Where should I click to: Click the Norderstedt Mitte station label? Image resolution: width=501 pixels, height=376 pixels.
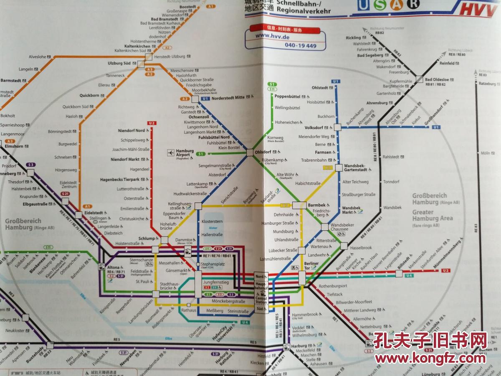point(228,97)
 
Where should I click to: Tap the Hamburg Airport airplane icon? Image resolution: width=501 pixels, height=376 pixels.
point(171,153)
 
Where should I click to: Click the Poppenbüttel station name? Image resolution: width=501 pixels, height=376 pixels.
point(288,96)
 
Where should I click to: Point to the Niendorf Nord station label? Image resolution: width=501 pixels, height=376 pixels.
point(131,131)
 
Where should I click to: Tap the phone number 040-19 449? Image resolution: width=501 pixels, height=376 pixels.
point(300,45)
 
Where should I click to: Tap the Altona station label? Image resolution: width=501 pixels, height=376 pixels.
point(113,267)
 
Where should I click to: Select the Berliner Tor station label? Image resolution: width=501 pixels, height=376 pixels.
point(311,266)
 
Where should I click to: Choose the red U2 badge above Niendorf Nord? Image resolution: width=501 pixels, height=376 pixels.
point(152,123)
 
